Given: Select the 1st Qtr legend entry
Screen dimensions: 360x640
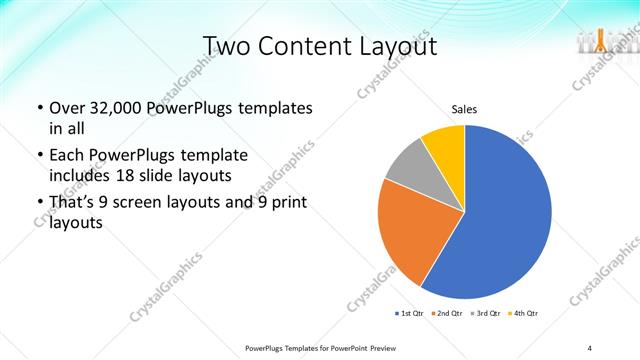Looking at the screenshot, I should [410, 314].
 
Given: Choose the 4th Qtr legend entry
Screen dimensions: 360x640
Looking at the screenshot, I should [524, 314].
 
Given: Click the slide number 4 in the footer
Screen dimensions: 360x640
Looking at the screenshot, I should [590, 347].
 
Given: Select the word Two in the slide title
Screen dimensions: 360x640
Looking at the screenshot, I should [225, 46].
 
